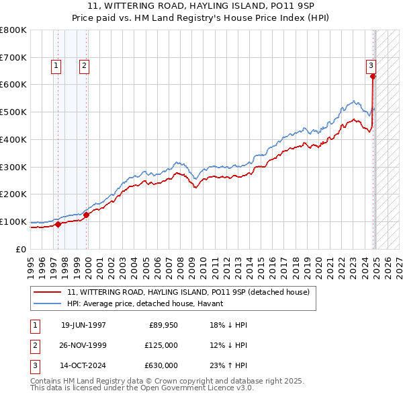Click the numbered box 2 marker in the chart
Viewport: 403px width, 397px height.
pyautogui.click(x=84, y=66)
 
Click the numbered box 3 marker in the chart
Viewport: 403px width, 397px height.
pyautogui.click(x=370, y=66)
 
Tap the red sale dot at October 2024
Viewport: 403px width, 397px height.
pyautogui.click(x=373, y=76)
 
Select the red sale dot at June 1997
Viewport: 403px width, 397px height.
pyautogui.click(x=58, y=225)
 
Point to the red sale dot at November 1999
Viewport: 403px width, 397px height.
pyautogui.click(x=87, y=215)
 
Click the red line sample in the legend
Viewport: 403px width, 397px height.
pyautogui.click(x=47, y=292)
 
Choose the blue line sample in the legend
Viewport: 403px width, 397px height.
pyautogui.click(x=47, y=303)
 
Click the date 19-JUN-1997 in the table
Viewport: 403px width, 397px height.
pyautogui.click(x=83, y=325)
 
